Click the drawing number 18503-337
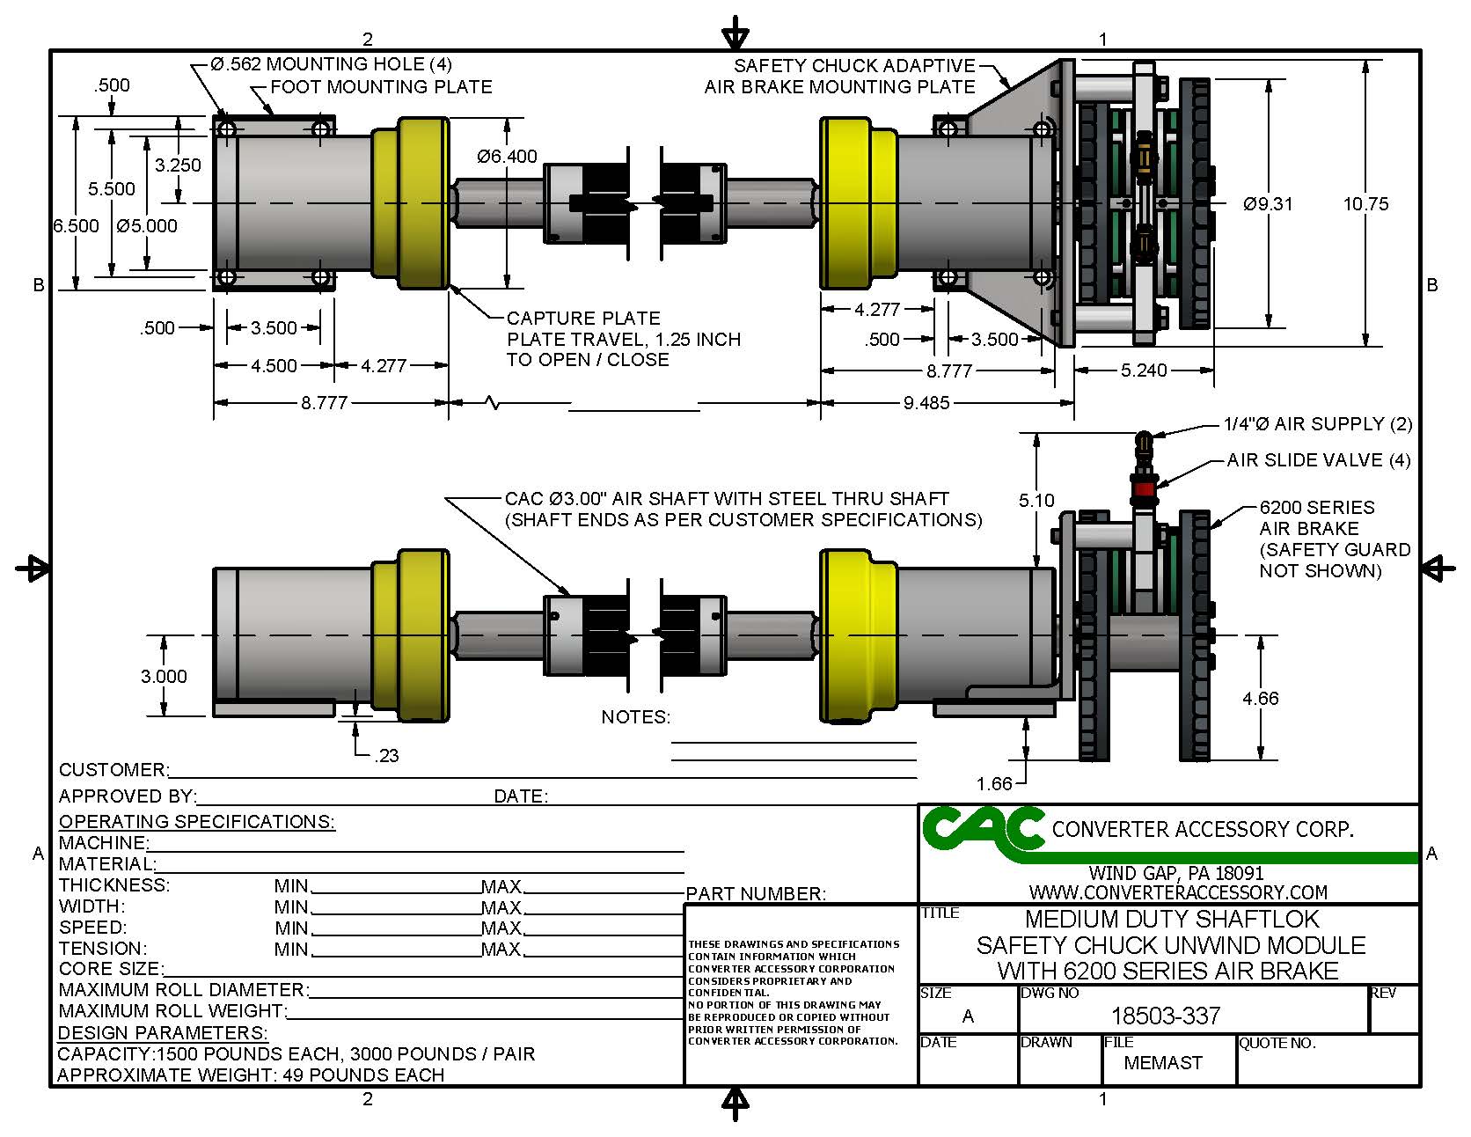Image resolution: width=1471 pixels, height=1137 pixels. coord(1166,1016)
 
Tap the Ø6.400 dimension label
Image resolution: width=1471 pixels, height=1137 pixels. coord(507,157)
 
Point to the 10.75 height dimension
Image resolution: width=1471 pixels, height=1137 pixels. coord(1365,204)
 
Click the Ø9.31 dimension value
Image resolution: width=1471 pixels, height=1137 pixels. coord(1268,204)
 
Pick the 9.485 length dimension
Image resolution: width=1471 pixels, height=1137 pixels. coord(926,403)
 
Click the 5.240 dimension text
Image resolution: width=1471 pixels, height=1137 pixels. coord(1144,370)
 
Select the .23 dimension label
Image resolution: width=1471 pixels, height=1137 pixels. coord(386,755)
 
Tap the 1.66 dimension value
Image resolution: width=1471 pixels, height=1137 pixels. coord(994,783)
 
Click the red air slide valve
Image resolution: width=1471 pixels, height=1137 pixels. coord(1144,489)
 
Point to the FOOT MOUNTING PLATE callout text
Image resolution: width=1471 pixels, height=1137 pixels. coord(381,87)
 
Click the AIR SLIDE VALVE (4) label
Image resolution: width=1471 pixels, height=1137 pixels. coord(1319,460)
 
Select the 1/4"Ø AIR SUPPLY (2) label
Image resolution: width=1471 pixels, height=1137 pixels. coord(1317,424)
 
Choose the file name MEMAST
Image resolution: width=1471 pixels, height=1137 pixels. coord(1163,1063)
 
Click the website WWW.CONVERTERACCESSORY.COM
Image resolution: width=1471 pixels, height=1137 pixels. coord(1178,891)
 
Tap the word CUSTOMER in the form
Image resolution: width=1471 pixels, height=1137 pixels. coord(113,770)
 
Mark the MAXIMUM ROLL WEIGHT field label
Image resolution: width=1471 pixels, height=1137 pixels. coord(172,1011)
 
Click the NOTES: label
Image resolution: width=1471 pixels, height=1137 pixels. coord(635,717)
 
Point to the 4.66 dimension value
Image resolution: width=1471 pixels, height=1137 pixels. coord(1260,699)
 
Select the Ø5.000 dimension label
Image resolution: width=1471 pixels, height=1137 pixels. coord(147,226)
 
